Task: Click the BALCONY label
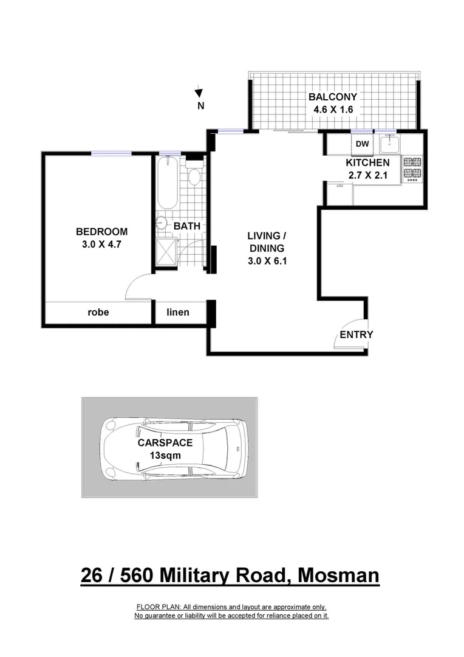tap(332, 97)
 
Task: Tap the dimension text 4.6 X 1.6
tap(332, 110)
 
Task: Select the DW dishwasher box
tap(362, 144)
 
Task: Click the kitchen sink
tap(389, 145)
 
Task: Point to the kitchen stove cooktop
tap(412, 169)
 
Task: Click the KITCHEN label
tap(367, 162)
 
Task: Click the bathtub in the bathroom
tap(166, 182)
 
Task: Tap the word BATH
tap(187, 226)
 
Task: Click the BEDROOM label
tap(101, 231)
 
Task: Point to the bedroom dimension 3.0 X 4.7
tap(101, 245)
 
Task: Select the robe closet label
tap(98, 312)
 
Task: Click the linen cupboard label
tap(178, 312)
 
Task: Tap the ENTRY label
tap(356, 335)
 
